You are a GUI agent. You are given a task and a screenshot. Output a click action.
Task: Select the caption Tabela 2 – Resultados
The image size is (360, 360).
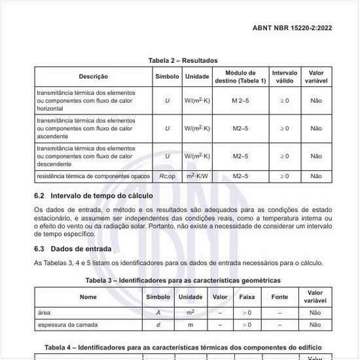pos(183,60)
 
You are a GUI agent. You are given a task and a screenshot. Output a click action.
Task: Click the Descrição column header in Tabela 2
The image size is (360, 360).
pos(94,77)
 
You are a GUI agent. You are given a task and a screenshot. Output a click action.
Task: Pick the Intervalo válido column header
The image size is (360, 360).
pos(284,77)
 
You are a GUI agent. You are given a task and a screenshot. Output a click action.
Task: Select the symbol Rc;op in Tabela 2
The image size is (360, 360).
pos(168,176)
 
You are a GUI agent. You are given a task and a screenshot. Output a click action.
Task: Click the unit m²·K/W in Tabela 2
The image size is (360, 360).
pos(197,176)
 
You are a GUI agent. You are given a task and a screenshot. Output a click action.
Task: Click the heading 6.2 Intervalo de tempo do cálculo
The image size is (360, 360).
pos(93,196)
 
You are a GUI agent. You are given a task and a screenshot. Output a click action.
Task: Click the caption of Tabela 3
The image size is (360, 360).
pos(183,280)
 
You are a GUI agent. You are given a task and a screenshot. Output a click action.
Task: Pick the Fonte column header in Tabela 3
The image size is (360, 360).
pos(279,297)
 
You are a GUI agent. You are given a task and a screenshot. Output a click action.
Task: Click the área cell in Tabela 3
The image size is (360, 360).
pos(45,312)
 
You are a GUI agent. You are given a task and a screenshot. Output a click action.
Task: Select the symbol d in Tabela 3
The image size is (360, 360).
pos(158,324)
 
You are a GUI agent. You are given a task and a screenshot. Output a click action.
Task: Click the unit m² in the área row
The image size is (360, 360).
pos(190,312)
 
